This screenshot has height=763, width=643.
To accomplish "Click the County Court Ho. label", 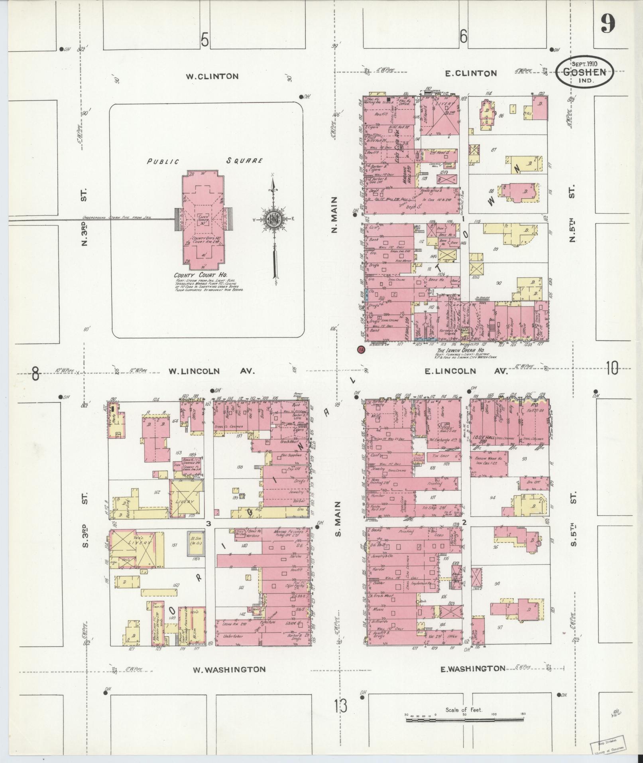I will click(200, 275).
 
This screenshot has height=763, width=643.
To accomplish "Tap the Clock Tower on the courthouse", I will click(204, 219).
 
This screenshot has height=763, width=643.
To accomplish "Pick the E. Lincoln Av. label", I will click(466, 371).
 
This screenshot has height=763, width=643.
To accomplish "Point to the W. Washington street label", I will click(229, 670).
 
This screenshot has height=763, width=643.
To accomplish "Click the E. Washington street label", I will click(473, 669).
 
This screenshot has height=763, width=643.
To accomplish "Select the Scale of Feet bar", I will click(464, 720).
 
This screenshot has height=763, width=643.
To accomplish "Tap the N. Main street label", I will click(334, 215).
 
